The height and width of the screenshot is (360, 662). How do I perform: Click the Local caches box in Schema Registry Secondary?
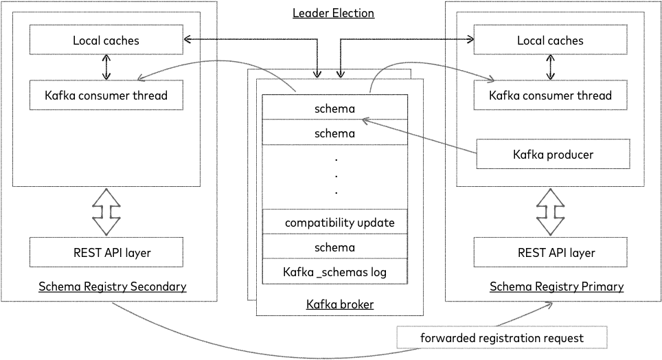(x=106, y=41)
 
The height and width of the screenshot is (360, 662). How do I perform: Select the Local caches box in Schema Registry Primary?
(x=550, y=41)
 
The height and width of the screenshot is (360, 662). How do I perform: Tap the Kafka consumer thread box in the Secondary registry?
(x=106, y=95)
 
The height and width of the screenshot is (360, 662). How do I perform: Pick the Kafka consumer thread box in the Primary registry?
(x=550, y=95)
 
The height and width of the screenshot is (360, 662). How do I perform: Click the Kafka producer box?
(x=553, y=155)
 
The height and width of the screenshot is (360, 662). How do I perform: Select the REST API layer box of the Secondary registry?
(x=106, y=253)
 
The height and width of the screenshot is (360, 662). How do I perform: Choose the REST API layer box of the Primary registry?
(x=550, y=253)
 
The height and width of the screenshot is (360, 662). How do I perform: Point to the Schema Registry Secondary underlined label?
(x=112, y=286)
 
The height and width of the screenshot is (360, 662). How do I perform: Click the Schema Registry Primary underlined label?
(x=556, y=286)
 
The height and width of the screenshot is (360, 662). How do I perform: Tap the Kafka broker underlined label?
(x=340, y=304)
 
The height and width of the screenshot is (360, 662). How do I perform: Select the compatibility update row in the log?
(x=335, y=223)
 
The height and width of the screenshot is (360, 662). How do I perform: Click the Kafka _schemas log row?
(x=335, y=272)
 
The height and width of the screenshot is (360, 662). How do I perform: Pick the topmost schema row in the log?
(x=335, y=108)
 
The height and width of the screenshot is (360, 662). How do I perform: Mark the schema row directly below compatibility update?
(x=335, y=247)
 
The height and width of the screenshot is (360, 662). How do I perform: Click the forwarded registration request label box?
(x=503, y=338)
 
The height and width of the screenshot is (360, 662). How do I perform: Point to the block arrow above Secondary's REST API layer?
(x=106, y=211)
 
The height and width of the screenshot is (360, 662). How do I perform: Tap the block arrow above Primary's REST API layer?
(x=550, y=211)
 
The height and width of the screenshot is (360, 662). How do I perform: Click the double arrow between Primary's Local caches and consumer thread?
(x=550, y=67)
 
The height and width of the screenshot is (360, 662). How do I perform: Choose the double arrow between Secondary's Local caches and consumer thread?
(x=106, y=67)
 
